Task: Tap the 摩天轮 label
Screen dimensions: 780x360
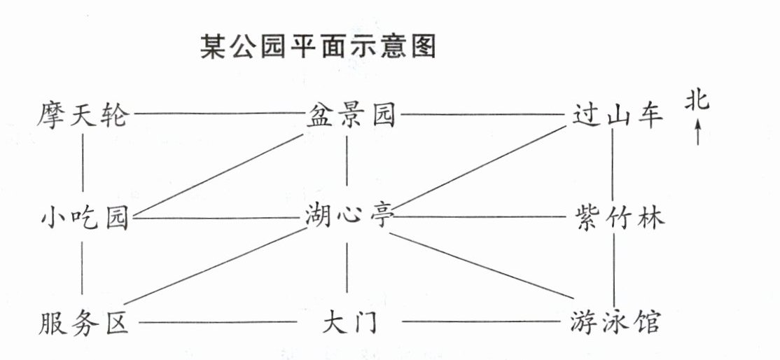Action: point(83,114)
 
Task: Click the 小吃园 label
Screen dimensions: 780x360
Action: point(83,219)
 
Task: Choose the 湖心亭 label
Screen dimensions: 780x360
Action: point(349,217)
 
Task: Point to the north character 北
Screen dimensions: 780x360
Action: point(697,102)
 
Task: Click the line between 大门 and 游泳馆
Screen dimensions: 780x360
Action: point(483,322)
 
